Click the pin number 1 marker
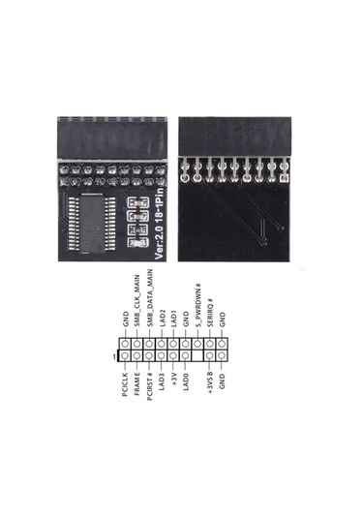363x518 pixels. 115,356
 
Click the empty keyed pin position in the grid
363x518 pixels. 198,355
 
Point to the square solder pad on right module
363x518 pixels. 283,179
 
